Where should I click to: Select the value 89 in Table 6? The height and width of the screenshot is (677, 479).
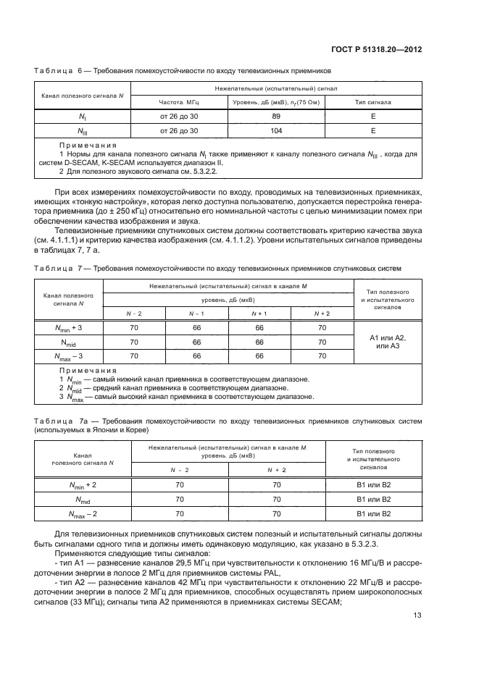276,115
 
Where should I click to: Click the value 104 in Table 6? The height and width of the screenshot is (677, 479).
276,131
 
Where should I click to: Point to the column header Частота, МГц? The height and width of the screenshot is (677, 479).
178,102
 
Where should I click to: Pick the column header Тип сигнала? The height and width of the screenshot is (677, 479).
372,102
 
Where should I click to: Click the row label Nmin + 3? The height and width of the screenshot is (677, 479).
69,328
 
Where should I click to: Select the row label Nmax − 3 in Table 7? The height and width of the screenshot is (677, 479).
69,356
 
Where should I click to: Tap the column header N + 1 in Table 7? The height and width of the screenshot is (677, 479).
259,313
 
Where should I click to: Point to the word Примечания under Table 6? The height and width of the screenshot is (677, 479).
83,146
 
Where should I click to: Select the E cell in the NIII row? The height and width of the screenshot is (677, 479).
372,131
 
